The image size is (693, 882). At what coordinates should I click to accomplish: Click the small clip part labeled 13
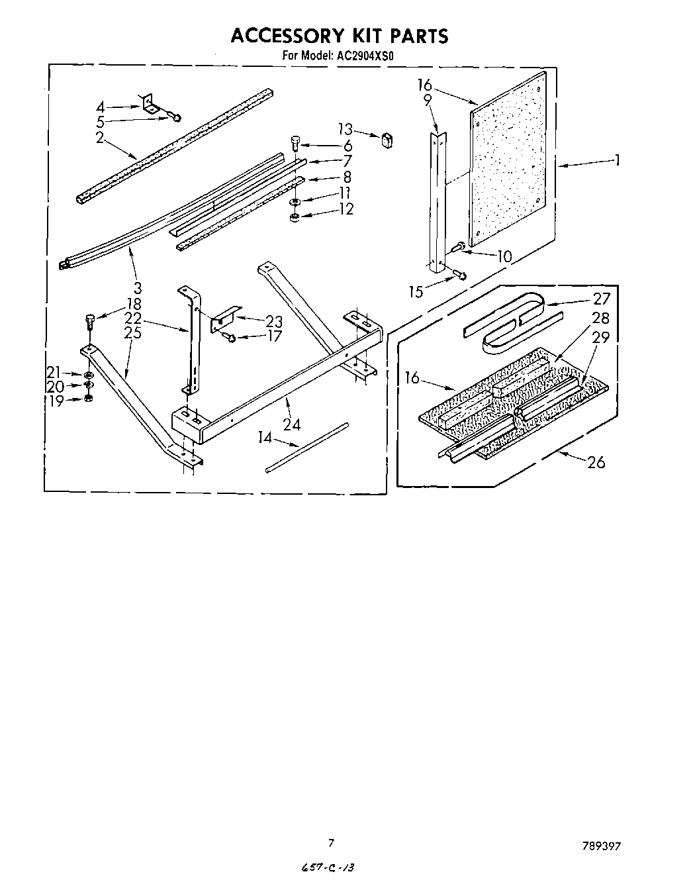387,139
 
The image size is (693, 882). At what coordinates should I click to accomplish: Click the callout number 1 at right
617,160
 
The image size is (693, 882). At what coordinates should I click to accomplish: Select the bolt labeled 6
296,142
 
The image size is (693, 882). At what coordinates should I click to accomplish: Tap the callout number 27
601,299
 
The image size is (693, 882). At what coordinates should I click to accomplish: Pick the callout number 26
596,462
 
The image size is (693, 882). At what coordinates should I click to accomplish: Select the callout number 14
265,438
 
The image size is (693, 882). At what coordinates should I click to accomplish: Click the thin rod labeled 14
306,447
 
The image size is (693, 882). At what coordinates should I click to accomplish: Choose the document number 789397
602,846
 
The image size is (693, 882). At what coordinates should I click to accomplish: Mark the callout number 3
137,287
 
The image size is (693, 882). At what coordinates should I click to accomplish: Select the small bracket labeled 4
151,103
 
